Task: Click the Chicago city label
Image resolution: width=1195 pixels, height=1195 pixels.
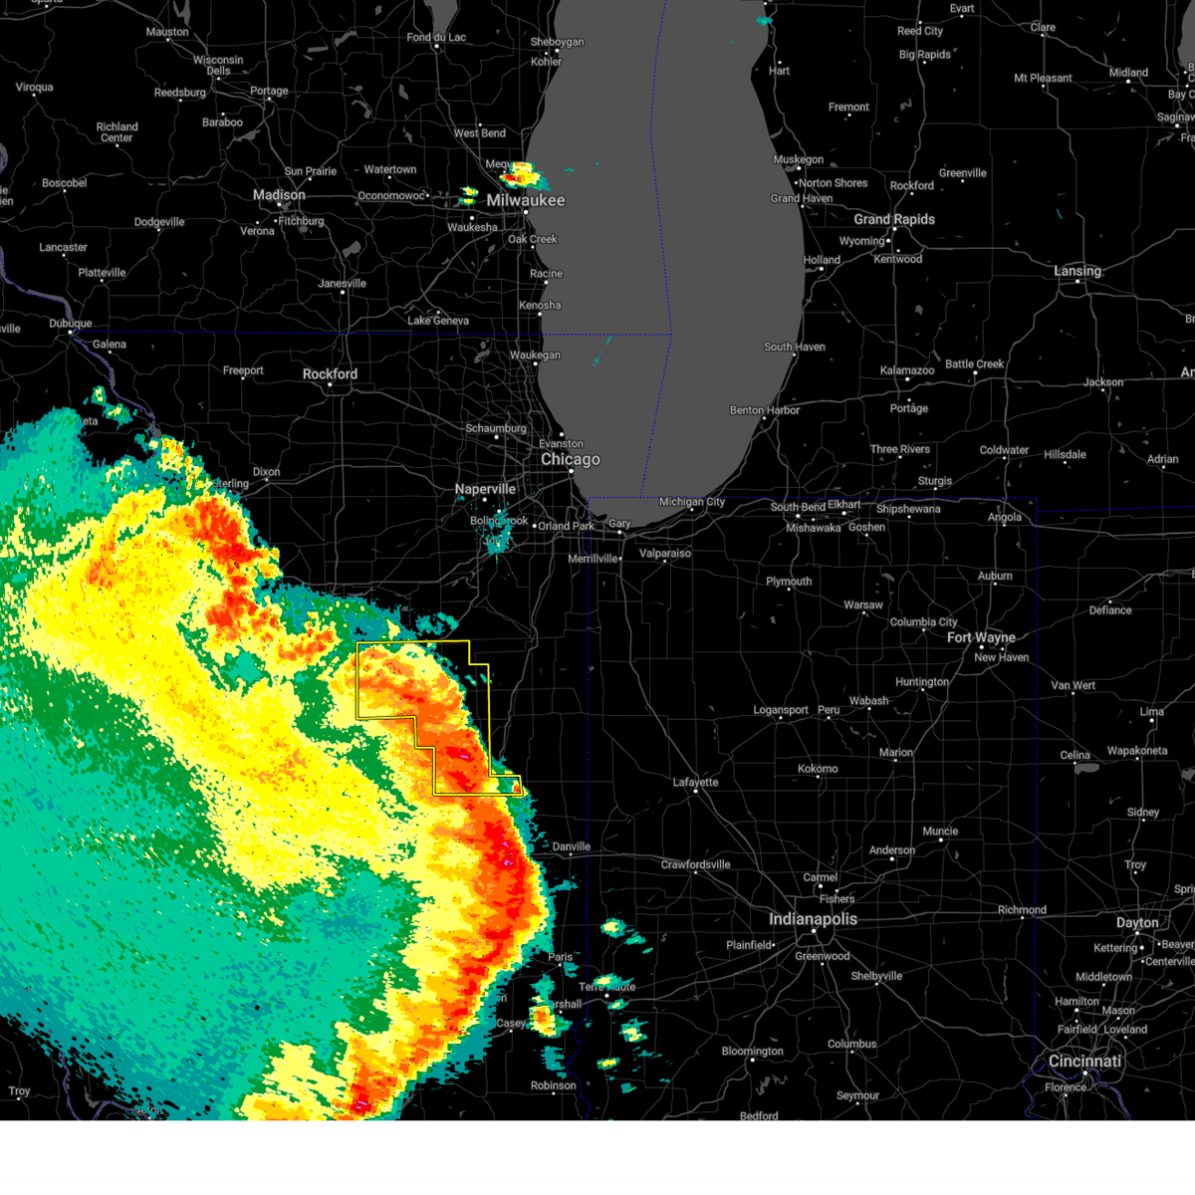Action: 571,460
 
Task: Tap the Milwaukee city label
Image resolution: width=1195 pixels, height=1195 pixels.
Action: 526,200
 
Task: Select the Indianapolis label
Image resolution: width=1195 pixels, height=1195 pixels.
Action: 813,919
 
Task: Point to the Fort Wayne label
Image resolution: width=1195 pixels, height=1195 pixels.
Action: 981,637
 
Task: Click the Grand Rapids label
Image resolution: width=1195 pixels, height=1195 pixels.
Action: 894,219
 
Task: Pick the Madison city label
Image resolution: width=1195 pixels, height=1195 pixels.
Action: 279,195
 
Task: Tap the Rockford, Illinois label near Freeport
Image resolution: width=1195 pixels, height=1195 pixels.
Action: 330,374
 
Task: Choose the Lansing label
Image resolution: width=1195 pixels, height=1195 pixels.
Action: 1077,271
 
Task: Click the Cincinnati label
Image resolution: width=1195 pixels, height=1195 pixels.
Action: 1084,1062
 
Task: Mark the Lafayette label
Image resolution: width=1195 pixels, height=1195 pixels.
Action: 695,783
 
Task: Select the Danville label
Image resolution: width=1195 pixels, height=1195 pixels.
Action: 572,846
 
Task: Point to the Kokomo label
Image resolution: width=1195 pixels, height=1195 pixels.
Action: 818,769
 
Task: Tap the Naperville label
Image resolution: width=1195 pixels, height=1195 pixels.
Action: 485,489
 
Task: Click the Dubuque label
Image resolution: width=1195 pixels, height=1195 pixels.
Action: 71,324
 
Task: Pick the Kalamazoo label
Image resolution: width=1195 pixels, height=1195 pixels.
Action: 907,370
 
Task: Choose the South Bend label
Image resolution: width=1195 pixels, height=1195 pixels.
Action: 798,507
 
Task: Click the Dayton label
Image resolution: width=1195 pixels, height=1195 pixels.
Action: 1137,923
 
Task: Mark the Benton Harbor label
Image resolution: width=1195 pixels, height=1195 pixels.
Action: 765,410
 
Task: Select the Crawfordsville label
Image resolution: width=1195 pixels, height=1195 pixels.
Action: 696,864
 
